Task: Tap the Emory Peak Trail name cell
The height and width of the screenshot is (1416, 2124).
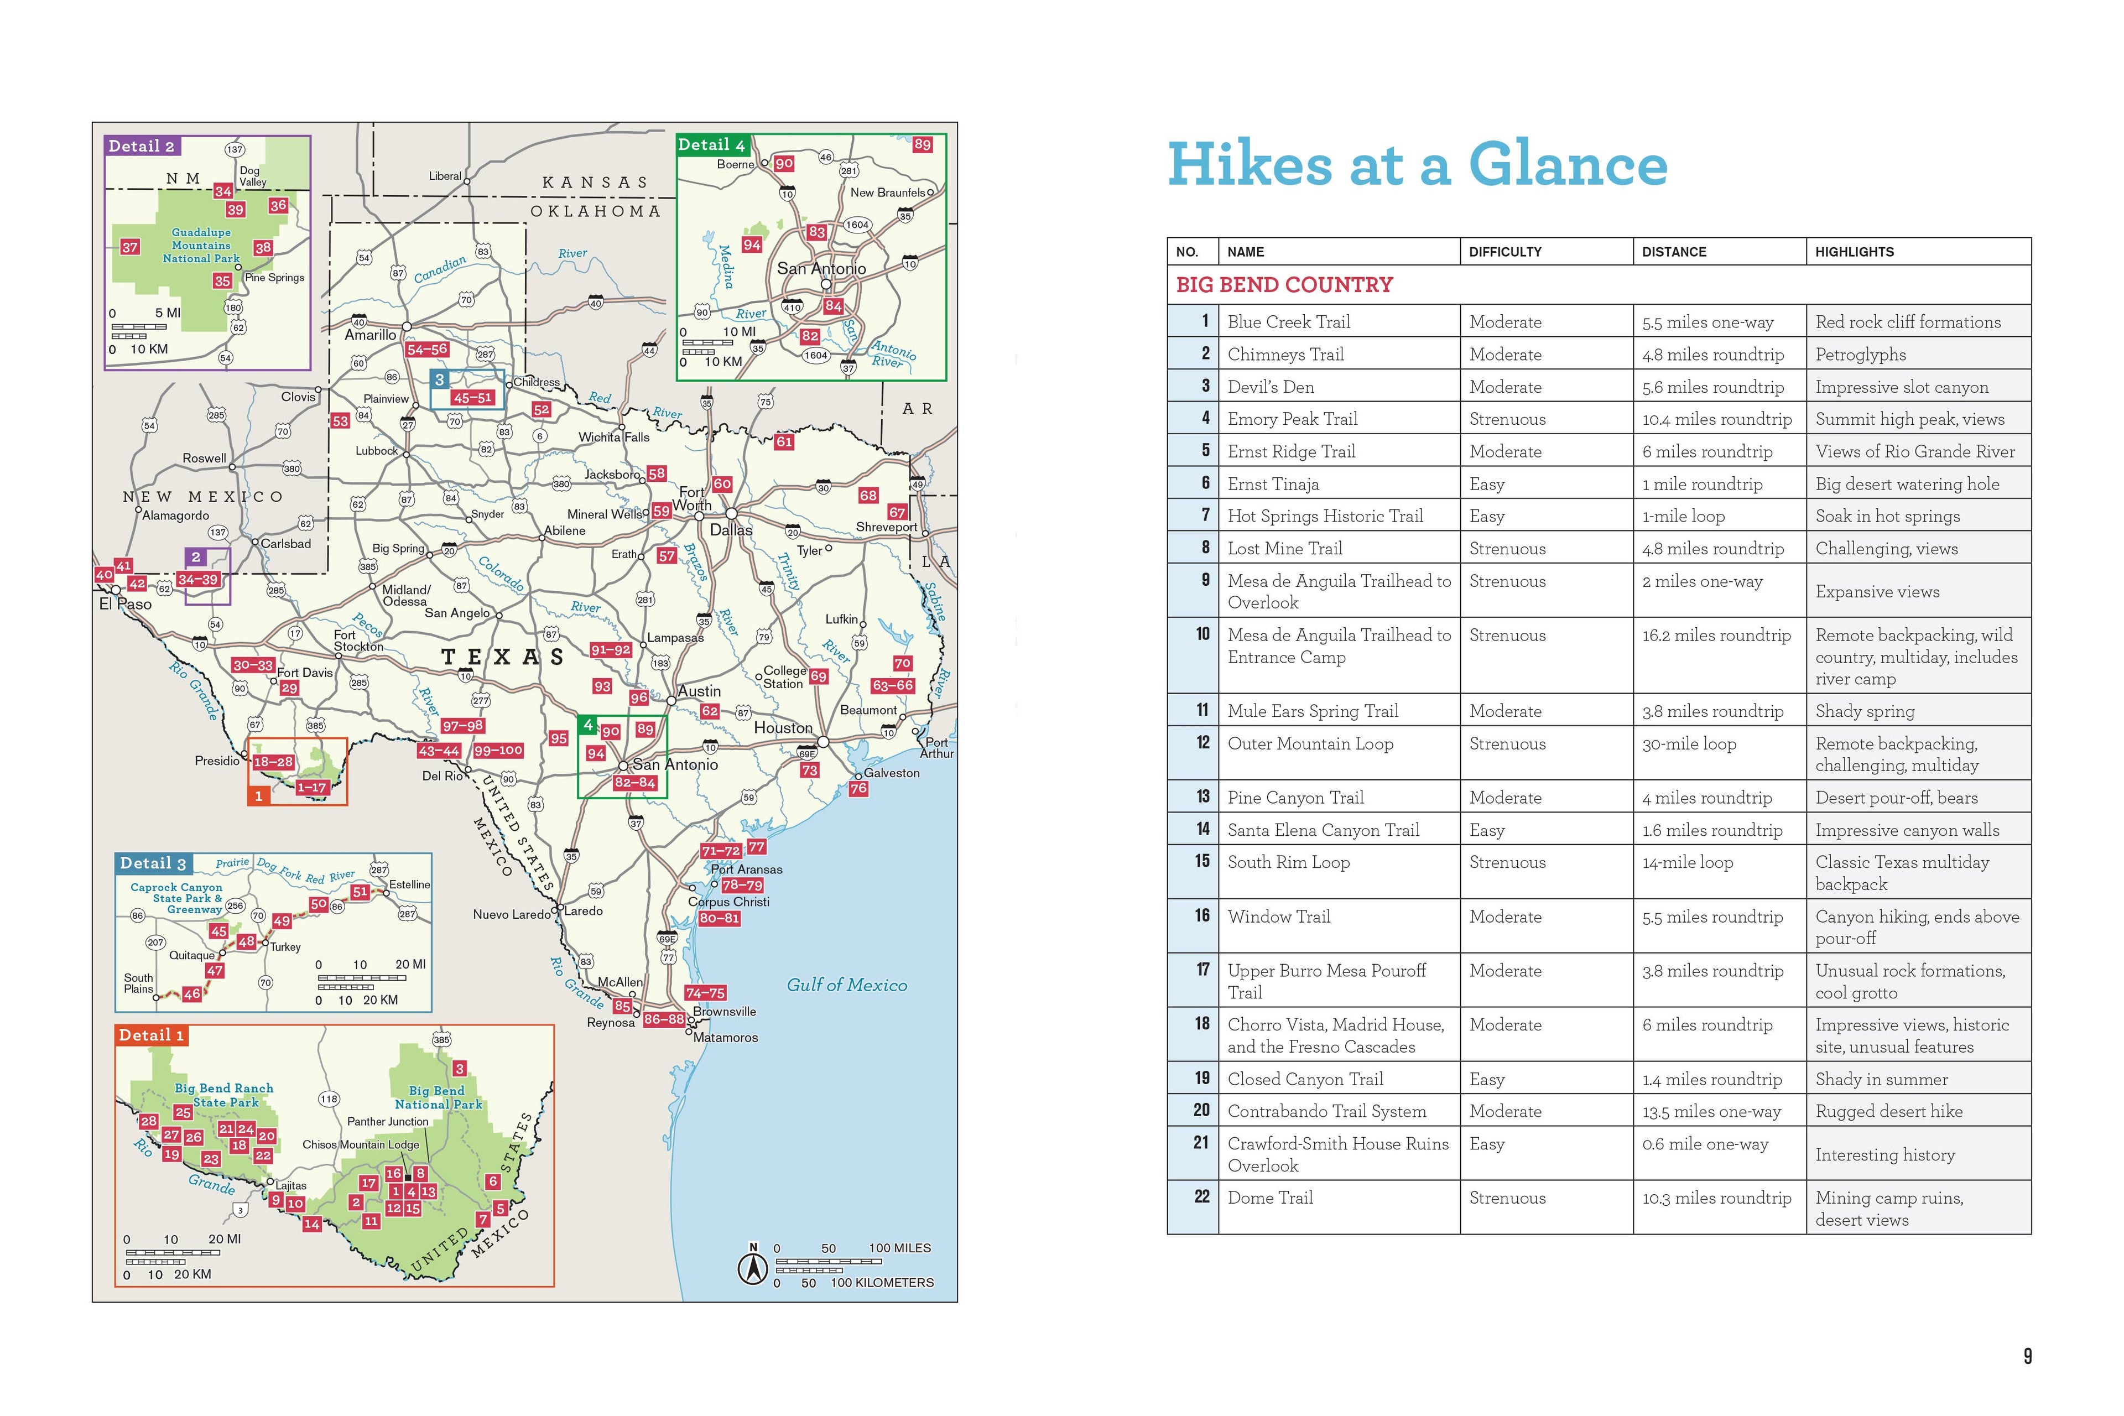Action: point(1292,419)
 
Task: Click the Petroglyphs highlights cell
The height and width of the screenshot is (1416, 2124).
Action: point(1860,355)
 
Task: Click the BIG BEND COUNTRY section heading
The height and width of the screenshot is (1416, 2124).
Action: point(1284,285)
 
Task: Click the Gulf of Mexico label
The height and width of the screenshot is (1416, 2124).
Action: point(846,985)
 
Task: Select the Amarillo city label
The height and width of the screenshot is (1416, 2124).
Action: point(370,335)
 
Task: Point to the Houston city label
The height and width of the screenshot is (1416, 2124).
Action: point(783,728)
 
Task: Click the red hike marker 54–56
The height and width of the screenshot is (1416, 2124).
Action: point(427,350)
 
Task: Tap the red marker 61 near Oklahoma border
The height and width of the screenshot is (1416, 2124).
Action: point(784,441)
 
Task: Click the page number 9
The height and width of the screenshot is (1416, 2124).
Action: point(2027,1356)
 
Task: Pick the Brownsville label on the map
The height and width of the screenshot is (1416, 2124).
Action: point(724,1012)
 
